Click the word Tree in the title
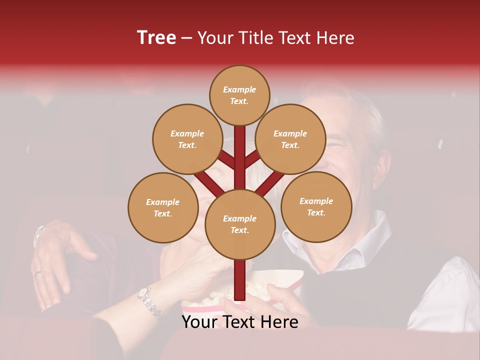pyautogui.click(x=156, y=38)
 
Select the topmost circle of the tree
pyautogui.click(x=239, y=95)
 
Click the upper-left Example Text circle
pyautogui.click(x=187, y=139)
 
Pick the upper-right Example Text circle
pyautogui.click(x=290, y=139)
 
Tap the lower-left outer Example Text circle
pyautogui.click(x=163, y=207)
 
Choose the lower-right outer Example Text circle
pyautogui.click(x=316, y=206)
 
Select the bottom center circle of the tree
pyautogui.click(x=239, y=224)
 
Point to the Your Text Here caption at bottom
pyautogui.click(x=239, y=322)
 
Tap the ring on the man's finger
pyautogui.click(x=38, y=273)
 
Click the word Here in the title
pyautogui.click(x=337, y=38)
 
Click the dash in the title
pyautogui.click(x=187, y=38)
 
